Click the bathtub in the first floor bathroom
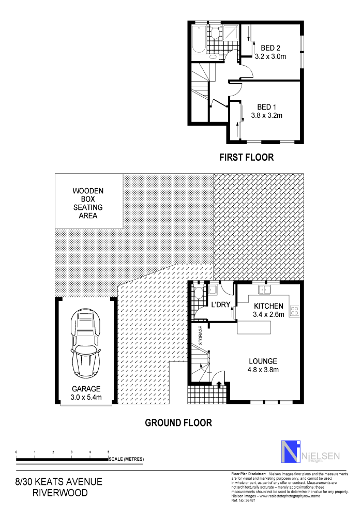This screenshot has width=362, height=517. [x=198, y=39]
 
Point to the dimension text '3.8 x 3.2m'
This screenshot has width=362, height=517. [x=266, y=116]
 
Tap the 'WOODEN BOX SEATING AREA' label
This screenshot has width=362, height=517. [x=88, y=203]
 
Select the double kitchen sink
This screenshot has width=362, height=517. [x=265, y=288]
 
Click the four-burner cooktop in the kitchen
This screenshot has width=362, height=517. [x=295, y=311]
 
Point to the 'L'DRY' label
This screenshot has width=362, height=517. [x=220, y=306]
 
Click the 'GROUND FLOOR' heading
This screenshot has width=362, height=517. [x=178, y=423]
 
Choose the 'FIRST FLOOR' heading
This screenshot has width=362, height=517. [x=246, y=157]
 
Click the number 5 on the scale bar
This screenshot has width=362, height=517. [x=108, y=452]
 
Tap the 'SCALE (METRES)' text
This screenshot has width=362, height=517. [x=126, y=459]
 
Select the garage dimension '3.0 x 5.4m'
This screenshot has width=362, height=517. [x=86, y=397]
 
